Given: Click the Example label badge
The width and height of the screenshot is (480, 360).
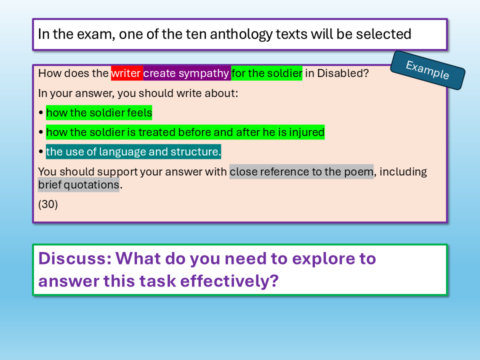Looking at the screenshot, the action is coord(427,70).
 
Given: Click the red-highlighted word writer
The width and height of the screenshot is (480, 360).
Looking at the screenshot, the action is coord(126,73).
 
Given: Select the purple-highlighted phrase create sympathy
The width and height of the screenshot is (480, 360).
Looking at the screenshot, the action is coord(186,73).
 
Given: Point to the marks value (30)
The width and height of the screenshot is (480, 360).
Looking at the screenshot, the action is coord(48,204).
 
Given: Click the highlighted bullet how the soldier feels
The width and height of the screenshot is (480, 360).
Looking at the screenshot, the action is coord(99,112).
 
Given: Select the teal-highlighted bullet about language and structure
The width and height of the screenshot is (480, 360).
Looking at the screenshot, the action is coord(133,151).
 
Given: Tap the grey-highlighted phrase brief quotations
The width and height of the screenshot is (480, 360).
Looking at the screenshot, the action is coord(78,184).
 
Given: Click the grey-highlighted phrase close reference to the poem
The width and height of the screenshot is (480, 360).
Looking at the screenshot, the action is coord(301,171).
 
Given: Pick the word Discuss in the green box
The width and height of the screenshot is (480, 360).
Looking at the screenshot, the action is coord(74,258).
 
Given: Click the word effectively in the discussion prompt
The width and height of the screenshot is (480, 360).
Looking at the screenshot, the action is coord(229,280).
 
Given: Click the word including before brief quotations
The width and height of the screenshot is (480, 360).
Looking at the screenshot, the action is coord(403,171).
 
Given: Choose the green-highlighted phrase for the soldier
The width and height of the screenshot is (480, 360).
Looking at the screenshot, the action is coord(266,73).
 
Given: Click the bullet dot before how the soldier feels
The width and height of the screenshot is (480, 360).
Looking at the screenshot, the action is coord(41,112).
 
